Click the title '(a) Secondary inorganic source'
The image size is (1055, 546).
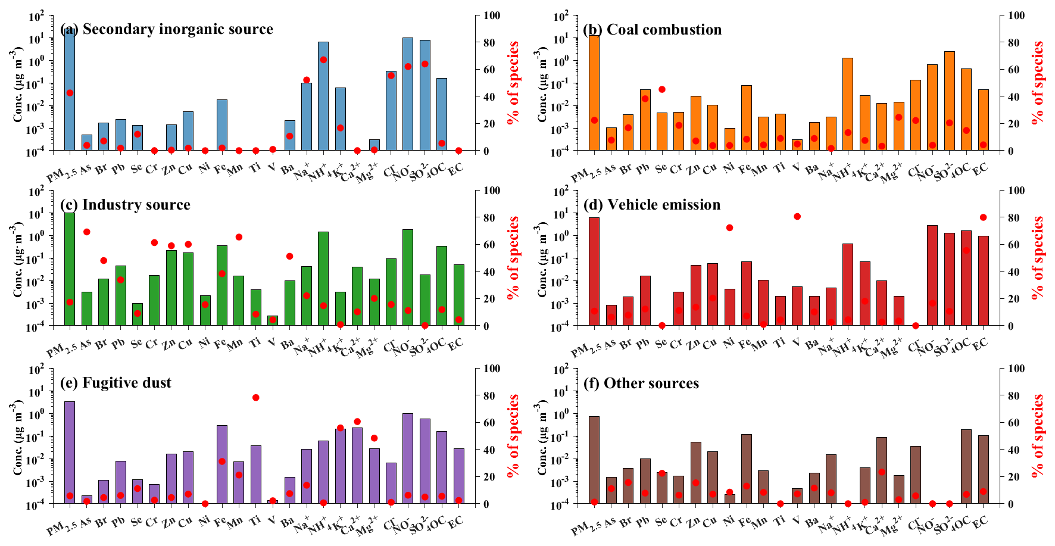(167, 29)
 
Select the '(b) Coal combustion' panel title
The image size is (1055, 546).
(653, 30)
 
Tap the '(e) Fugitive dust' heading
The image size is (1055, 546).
(116, 382)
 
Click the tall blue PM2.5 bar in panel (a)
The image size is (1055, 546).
(70, 89)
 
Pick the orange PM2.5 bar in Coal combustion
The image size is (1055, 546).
(594, 92)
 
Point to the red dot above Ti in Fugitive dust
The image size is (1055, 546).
(256, 397)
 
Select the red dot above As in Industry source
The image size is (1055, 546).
(86, 232)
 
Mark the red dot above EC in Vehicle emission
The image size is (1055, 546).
(984, 217)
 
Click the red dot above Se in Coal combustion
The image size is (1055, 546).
(662, 89)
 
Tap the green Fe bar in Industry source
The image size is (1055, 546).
(222, 285)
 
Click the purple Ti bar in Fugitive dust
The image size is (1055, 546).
(256, 474)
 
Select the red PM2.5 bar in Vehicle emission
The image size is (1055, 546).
(594, 271)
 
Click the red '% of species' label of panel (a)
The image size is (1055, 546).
(513, 83)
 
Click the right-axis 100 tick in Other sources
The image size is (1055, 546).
(1016, 369)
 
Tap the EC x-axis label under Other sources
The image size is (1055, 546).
(979, 522)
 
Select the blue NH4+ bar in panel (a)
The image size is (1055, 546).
(323, 96)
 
